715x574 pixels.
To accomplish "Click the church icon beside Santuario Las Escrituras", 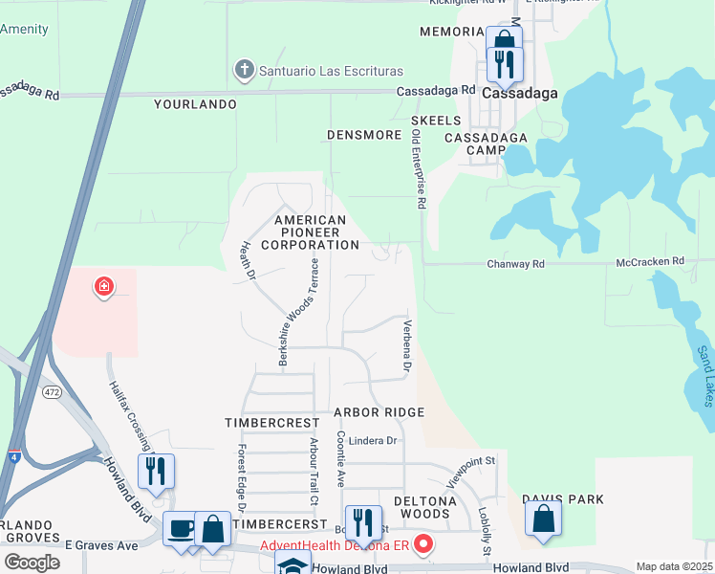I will click(x=244, y=70).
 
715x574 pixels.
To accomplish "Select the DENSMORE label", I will click(x=364, y=135).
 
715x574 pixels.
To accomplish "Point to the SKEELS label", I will click(x=436, y=121).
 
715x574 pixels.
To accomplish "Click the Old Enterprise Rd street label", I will click(x=418, y=170).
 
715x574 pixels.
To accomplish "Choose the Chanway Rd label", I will click(x=515, y=263).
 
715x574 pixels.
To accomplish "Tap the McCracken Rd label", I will click(x=651, y=261).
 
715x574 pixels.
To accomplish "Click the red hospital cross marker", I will click(x=103, y=286).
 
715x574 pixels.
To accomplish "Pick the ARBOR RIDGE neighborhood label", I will click(x=379, y=412).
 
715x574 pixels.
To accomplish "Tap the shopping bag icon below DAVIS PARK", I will click(x=543, y=519).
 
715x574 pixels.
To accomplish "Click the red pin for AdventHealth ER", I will click(x=422, y=545).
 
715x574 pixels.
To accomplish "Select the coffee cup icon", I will click(x=181, y=528).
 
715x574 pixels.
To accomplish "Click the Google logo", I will click(x=32, y=563).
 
